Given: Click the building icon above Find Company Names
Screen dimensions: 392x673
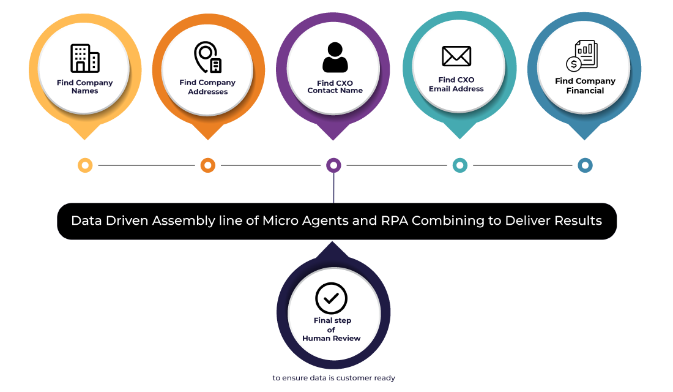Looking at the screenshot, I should [85, 58].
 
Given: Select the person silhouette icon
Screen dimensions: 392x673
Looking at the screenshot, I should [335, 58].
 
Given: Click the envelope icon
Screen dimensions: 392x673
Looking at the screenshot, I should [456, 56].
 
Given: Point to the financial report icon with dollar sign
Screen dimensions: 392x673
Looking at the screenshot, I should [581, 56].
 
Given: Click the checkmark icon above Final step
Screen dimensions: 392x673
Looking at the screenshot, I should [331, 298].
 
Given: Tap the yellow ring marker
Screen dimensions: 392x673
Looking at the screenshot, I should [85, 165].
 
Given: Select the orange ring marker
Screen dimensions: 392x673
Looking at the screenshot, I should [207, 165].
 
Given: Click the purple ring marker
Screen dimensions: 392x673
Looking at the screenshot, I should [333, 165].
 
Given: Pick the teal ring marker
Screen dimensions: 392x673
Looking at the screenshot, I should [459, 165].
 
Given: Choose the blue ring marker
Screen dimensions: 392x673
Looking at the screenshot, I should [585, 165].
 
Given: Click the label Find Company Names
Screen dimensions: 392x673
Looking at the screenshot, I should [85, 87].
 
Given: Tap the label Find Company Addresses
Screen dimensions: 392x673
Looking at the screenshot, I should [207, 87].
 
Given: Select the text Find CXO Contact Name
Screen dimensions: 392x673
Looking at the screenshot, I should [335, 87].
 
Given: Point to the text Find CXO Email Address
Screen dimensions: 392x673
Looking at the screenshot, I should [456, 85].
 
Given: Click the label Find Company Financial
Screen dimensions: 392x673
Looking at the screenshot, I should [585, 86].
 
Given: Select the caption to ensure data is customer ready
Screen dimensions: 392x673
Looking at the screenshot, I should [333, 379].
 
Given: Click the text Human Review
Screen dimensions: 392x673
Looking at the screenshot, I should [331, 339].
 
